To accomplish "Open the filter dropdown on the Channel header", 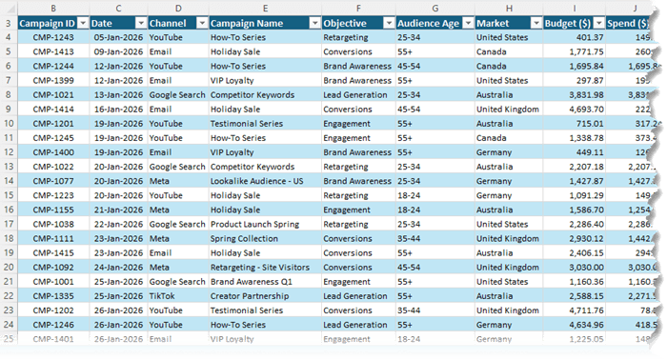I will click(198, 22).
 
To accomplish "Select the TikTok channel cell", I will click(163, 296).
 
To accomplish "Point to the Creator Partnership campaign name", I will click(253, 296).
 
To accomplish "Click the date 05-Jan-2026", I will click(118, 37).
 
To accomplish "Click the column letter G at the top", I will click(434, 7).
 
